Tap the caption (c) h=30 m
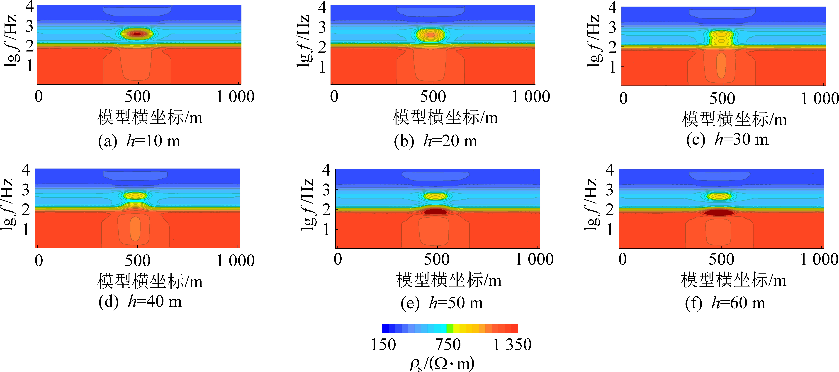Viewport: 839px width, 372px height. pyautogui.click(x=727, y=139)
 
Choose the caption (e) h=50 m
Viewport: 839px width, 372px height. pyautogui.click(x=442, y=303)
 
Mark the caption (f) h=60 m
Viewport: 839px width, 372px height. pyautogui.click(x=725, y=303)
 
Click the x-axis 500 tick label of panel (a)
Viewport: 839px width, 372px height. pyautogui.click(x=137, y=97)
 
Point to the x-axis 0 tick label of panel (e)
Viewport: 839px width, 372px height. pyautogui.click(x=338, y=259)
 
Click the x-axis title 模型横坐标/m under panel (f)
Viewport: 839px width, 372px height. pyautogui.click(x=733, y=280)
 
